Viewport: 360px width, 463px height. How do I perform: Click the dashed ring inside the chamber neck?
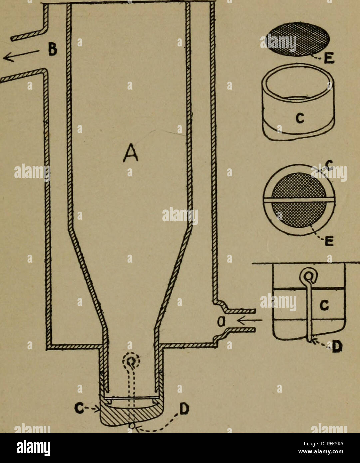(131, 360)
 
